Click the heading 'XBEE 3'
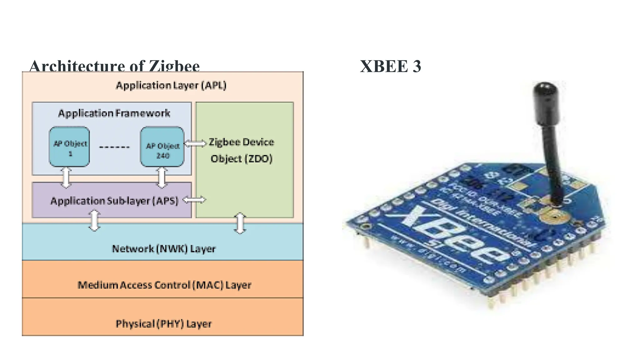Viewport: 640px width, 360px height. [390, 66]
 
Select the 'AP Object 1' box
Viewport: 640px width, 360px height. [70, 147]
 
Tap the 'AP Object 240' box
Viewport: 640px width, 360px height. [162, 147]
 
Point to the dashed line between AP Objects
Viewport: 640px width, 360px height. [114, 147]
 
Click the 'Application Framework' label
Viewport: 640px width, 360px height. [114, 113]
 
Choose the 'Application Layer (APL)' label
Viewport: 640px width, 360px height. [171, 85]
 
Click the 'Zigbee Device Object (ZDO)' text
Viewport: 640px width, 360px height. [241, 150]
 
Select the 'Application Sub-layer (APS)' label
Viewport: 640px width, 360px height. [114, 201]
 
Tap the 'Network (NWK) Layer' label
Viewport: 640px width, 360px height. [164, 249]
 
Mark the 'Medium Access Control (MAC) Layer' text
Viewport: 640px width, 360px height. [164, 285]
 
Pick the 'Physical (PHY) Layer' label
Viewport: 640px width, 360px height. [163, 324]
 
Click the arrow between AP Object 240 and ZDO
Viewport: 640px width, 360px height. [195, 143]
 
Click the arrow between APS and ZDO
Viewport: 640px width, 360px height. [194, 200]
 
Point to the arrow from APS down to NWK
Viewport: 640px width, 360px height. [94, 220]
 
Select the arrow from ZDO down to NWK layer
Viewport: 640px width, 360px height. [240, 223]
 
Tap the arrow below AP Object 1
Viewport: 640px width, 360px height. [66, 177]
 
